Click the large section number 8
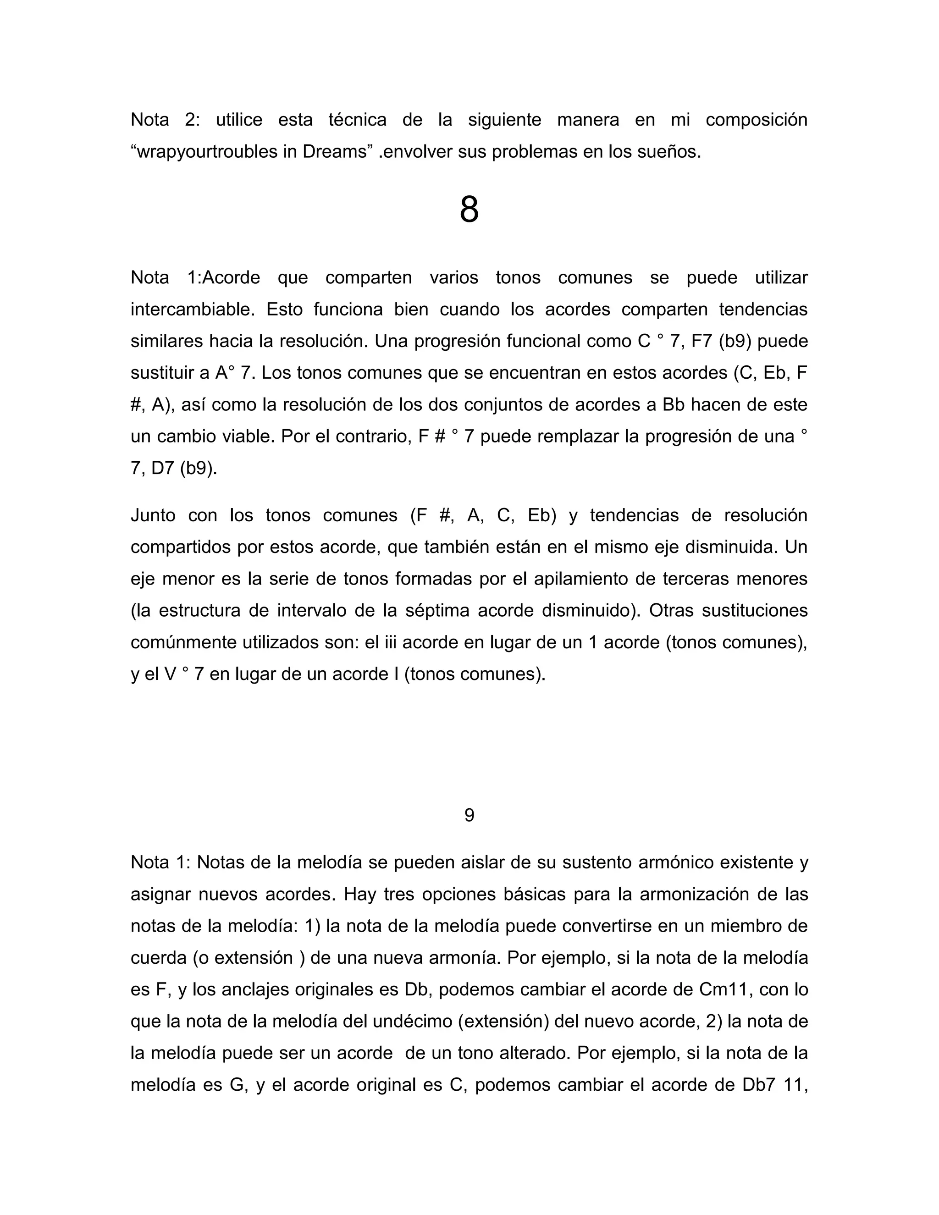click(x=469, y=211)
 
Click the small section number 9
click(x=469, y=815)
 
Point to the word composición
click(x=756, y=120)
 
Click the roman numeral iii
click(x=390, y=642)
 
